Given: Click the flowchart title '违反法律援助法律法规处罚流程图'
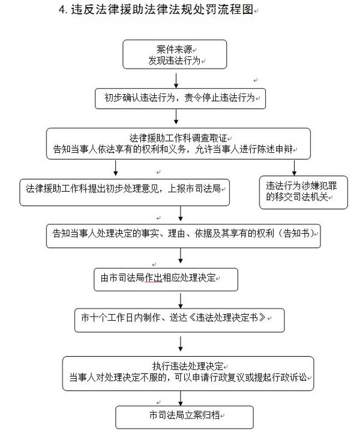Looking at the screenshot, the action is [x=162, y=10].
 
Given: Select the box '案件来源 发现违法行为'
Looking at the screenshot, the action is [x=175, y=55].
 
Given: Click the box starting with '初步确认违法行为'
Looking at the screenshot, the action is [x=180, y=98].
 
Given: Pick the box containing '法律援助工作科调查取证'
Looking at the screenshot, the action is [x=178, y=143].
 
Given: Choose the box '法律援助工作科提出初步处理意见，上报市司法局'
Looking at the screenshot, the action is [x=124, y=192].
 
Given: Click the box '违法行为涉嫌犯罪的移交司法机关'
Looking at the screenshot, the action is [x=304, y=192].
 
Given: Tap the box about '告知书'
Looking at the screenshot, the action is [x=183, y=236].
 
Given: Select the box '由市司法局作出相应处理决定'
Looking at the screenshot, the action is [x=166, y=279].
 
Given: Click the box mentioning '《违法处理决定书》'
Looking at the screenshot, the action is [x=179, y=320].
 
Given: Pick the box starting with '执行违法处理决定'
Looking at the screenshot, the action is [x=188, y=373].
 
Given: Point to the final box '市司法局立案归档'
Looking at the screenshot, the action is [x=184, y=417].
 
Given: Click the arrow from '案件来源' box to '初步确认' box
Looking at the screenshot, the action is [x=176, y=81].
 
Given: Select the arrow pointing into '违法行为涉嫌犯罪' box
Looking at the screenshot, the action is [x=294, y=168].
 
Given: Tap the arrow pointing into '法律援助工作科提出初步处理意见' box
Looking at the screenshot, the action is [x=115, y=168].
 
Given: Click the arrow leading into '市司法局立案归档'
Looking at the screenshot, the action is [x=181, y=398].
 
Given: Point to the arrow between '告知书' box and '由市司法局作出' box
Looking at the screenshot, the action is [x=181, y=255].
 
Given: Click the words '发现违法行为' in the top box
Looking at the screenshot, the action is [x=174, y=60].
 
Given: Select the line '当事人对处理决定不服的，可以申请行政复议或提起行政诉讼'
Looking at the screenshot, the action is [x=188, y=378].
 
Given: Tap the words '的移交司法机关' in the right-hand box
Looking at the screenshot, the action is [x=297, y=197].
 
